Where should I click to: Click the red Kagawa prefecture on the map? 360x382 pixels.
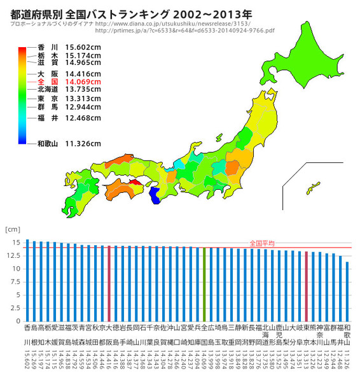(135, 181)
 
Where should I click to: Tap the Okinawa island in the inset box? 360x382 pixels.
(313, 188)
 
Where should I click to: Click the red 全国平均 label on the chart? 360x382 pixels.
(261, 243)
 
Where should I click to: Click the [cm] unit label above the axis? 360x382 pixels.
(12, 228)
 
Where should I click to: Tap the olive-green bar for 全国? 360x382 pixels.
(204, 283)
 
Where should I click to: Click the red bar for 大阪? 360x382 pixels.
(109, 283)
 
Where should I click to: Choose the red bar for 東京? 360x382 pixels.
(306, 285)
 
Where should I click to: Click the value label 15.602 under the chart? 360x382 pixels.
(27, 363)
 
